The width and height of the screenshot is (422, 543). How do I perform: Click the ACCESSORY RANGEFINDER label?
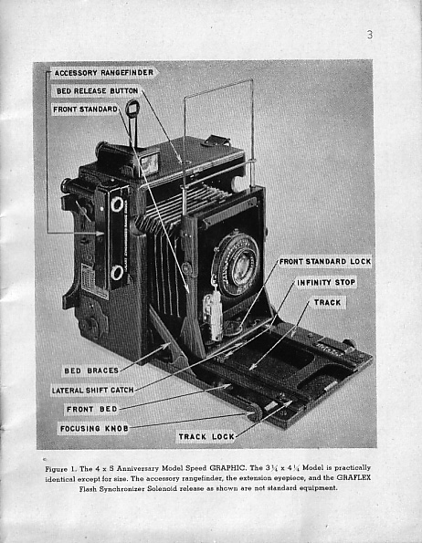(x=104, y=73)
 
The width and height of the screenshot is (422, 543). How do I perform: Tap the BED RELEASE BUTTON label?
(x=98, y=91)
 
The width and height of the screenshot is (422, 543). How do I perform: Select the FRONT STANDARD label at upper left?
(x=85, y=110)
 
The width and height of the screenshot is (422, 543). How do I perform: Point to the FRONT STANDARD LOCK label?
(x=325, y=261)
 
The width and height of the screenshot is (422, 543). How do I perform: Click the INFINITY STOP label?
(x=326, y=283)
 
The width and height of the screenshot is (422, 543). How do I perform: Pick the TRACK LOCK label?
(x=206, y=437)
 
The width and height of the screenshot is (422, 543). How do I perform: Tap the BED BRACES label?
(x=91, y=371)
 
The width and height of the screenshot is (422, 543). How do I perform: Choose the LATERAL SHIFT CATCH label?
(x=93, y=391)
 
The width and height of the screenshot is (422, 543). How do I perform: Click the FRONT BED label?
(x=92, y=410)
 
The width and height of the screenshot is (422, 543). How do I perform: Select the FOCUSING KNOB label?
(x=94, y=429)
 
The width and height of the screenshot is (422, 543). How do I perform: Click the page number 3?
(x=370, y=35)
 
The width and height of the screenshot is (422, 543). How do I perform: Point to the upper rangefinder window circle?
(x=117, y=204)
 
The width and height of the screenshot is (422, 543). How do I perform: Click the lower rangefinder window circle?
(x=117, y=273)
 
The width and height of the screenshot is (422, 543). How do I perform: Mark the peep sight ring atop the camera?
(x=132, y=109)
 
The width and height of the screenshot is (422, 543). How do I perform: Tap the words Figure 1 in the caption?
(x=60, y=469)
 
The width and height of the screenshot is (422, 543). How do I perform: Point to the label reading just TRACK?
(x=327, y=303)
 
